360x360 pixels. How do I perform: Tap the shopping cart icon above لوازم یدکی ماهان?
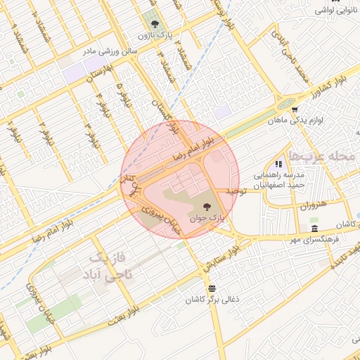pos(295,109)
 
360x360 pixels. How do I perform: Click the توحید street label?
pos(234,190)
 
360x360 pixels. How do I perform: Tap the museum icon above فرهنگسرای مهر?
pos(314,230)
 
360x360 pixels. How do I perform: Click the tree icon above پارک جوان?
pos(207,207)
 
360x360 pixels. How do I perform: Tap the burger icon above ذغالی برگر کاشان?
pos(211,288)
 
